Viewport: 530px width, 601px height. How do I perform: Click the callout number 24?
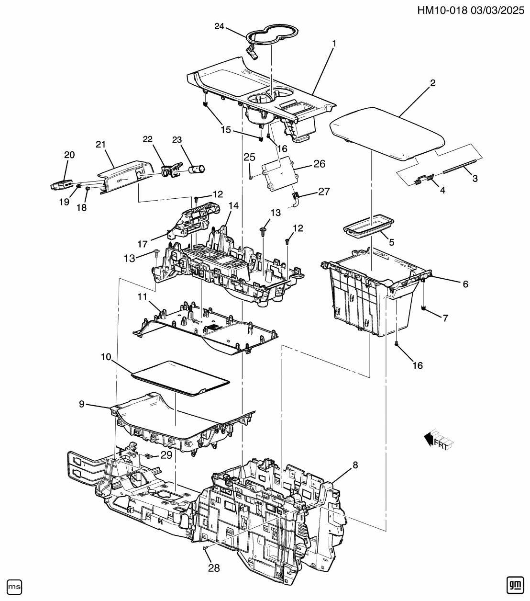pyautogui.click(x=219, y=26)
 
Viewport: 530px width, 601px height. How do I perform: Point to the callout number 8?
pyautogui.click(x=355, y=464)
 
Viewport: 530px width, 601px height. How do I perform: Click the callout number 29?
pyautogui.click(x=166, y=454)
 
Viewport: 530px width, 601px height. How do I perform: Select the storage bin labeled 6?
pyautogui.click(x=368, y=297)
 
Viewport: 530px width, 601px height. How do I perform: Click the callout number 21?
pyautogui.click(x=100, y=145)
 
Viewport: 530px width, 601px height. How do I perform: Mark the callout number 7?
pyautogui.click(x=445, y=318)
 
